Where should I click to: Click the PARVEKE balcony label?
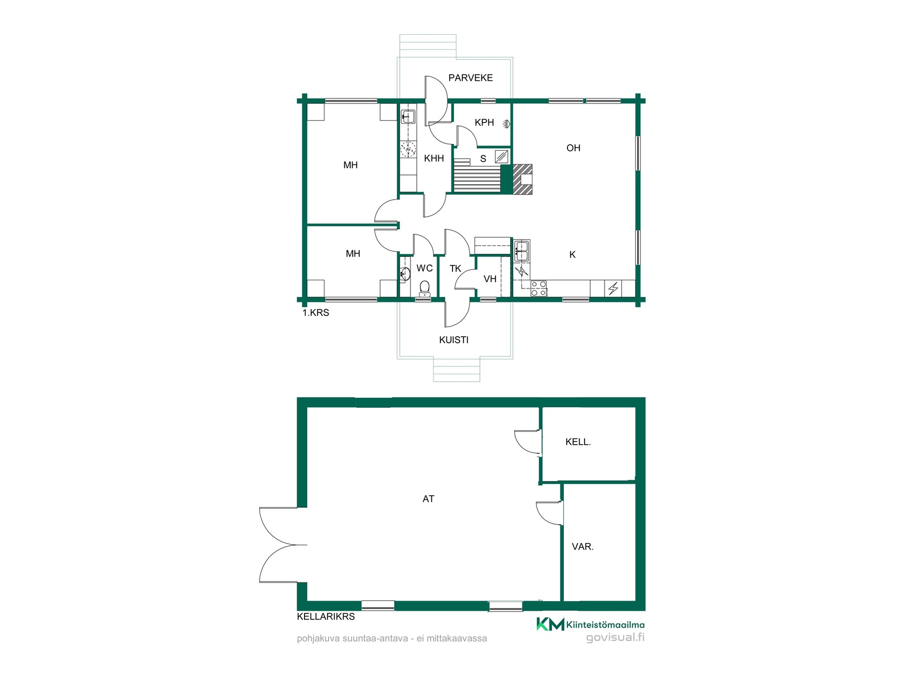(470, 78)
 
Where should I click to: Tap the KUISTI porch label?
(453, 340)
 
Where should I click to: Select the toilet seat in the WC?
(425, 288)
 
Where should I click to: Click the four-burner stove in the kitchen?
(539, 288)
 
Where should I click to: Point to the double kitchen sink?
(521, 250)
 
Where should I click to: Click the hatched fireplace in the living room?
(522, 179)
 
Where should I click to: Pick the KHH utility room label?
(434, 159)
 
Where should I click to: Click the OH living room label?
(573, 148)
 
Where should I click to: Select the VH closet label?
(490, 279)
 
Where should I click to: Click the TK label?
(455, 269)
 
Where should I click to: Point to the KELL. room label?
(578, 442)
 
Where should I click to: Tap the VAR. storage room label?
(583, 547)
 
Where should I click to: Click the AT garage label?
(428, 499)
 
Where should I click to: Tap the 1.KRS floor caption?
(315, 313)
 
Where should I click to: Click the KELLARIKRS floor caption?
(326, 617)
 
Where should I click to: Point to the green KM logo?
(550, 624)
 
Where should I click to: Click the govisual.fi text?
(615, 638)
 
